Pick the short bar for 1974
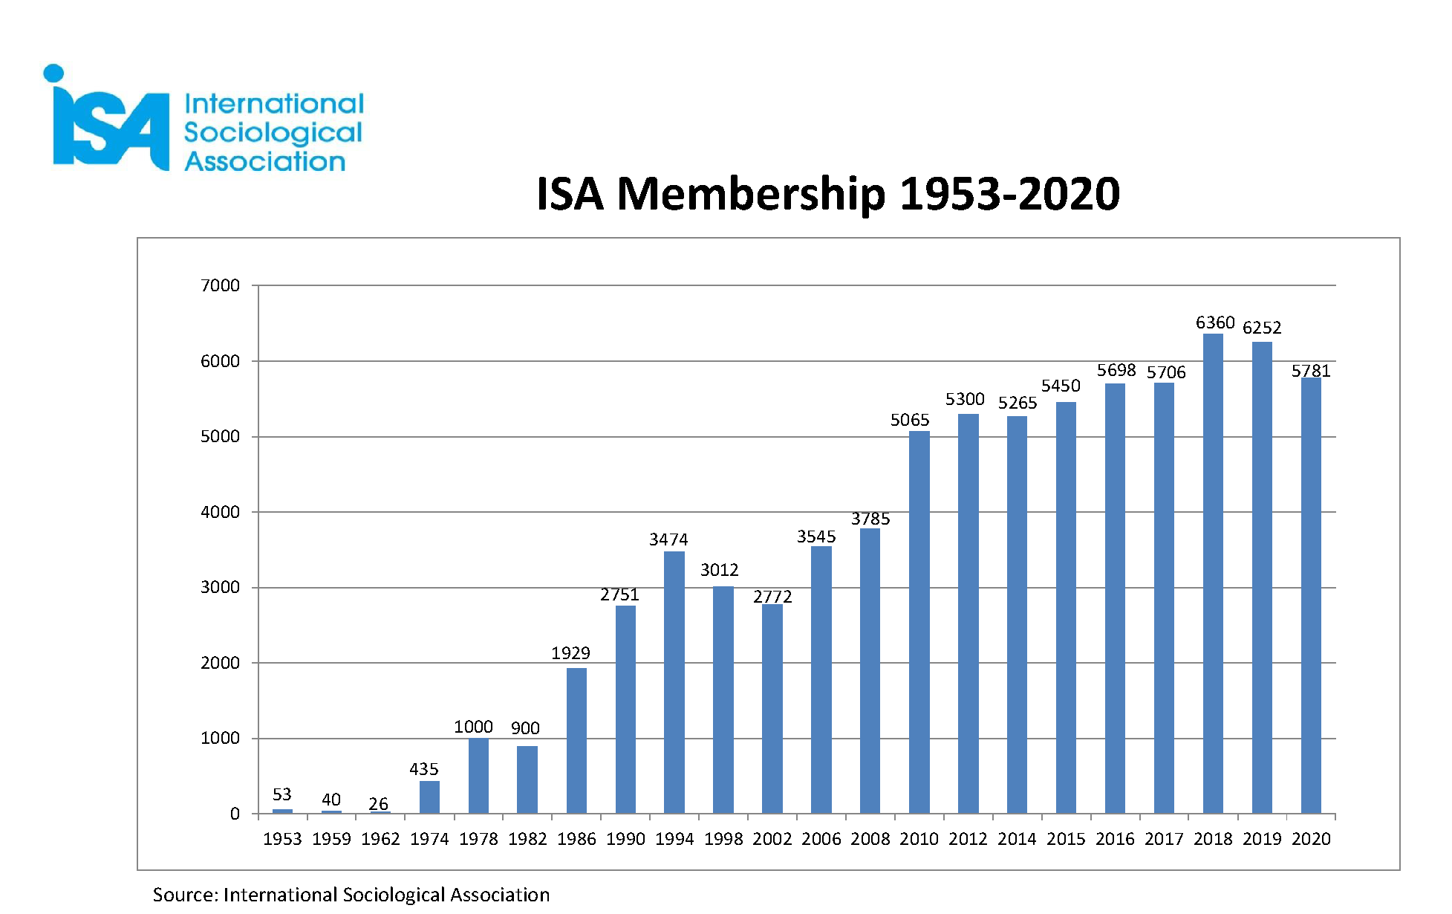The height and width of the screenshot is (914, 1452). click(x=429, y=797)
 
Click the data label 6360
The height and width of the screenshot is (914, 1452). click(x=1214, y=323)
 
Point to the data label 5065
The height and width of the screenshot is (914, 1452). click(x=910, y=421)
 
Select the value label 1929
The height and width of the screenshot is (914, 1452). click(x=570, y=653)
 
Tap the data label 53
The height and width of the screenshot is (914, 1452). click(x=282, y=794)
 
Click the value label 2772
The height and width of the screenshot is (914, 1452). click(x=772, y=597)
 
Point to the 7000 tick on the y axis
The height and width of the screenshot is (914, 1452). click(x=220, y=285)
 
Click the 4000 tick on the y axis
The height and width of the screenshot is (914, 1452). click(x=220, y=512)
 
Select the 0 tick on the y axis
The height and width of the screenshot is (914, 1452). click(x=235, y=814)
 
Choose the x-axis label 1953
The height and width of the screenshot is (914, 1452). click(x=282, y=839)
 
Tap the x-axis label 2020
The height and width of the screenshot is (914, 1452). click(x=1311, y=839)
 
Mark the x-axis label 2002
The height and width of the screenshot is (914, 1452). click(x=772, y=839)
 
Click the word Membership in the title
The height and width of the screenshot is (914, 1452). click(x=751, y=195)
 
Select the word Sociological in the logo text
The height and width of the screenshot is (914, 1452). click(x=273, y=133)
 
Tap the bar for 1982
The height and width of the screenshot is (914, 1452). click(x=527, y=780)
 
